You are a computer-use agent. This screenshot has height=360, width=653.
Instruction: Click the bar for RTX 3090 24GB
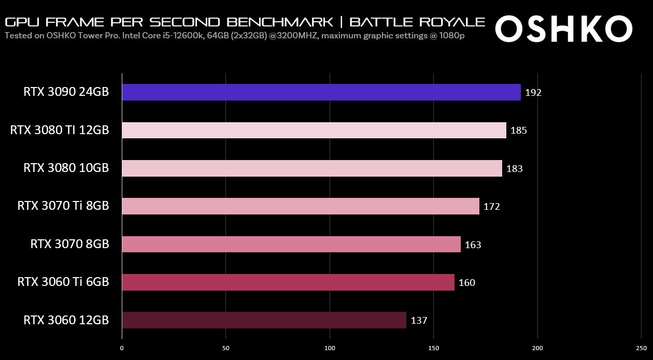pyautogui.click(x=321, y=92)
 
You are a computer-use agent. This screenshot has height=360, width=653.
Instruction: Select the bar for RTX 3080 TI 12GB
pyautogui.click(x=314, y=130)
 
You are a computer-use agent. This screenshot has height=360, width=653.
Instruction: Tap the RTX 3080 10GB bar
pyautogui.click(x=312, y=168)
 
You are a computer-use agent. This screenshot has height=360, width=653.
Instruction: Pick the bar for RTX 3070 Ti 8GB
pyautogui.click(x=301, y=206)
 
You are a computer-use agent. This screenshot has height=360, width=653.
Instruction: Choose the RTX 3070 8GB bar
pyautogui.click(x=291, y=244)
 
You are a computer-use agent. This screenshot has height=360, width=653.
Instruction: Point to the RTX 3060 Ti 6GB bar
pyautogui.click(x=288, y=282)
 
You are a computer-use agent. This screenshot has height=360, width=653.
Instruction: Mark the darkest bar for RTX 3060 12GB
pyautogui.click(x=264, y=320)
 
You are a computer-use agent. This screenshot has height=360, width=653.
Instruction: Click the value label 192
pyautogui.click(x=533, y=93)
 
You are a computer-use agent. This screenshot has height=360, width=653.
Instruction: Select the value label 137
pyautogui.click(x=419, y=321)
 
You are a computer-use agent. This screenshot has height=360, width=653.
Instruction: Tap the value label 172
pyautogui.click(x=491, y=207)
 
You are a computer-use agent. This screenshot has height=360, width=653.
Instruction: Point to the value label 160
pyautogui.click(x=466, y=283)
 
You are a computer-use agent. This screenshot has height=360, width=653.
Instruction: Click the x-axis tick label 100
pyautogui.click(x=330, y=349)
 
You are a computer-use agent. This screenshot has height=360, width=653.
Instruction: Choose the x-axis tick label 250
pyautogui.click(x=641, y=349)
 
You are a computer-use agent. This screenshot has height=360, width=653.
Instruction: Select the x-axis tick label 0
pyautogui.click(x=122, y=349)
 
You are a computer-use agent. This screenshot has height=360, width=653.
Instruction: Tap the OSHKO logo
pyautogui.click(x=563, y=28)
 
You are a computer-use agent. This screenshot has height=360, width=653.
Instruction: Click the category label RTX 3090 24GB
pyautogui.click(x=66, y=92)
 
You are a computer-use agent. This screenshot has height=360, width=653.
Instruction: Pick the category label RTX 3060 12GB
pyautogui.click(x=66, y=320)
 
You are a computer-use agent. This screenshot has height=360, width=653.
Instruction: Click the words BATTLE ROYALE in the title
pyautogui.click(x=417, y=22)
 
